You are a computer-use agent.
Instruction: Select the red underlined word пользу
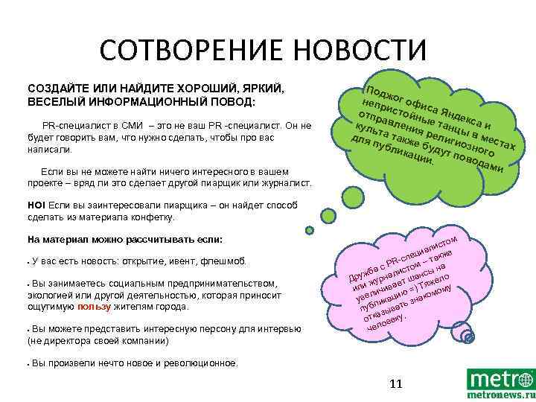94,307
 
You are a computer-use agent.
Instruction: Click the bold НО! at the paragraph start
36,205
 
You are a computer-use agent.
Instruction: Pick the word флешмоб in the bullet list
228,262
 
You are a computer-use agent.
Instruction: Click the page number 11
395,384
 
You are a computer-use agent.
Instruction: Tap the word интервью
276,329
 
